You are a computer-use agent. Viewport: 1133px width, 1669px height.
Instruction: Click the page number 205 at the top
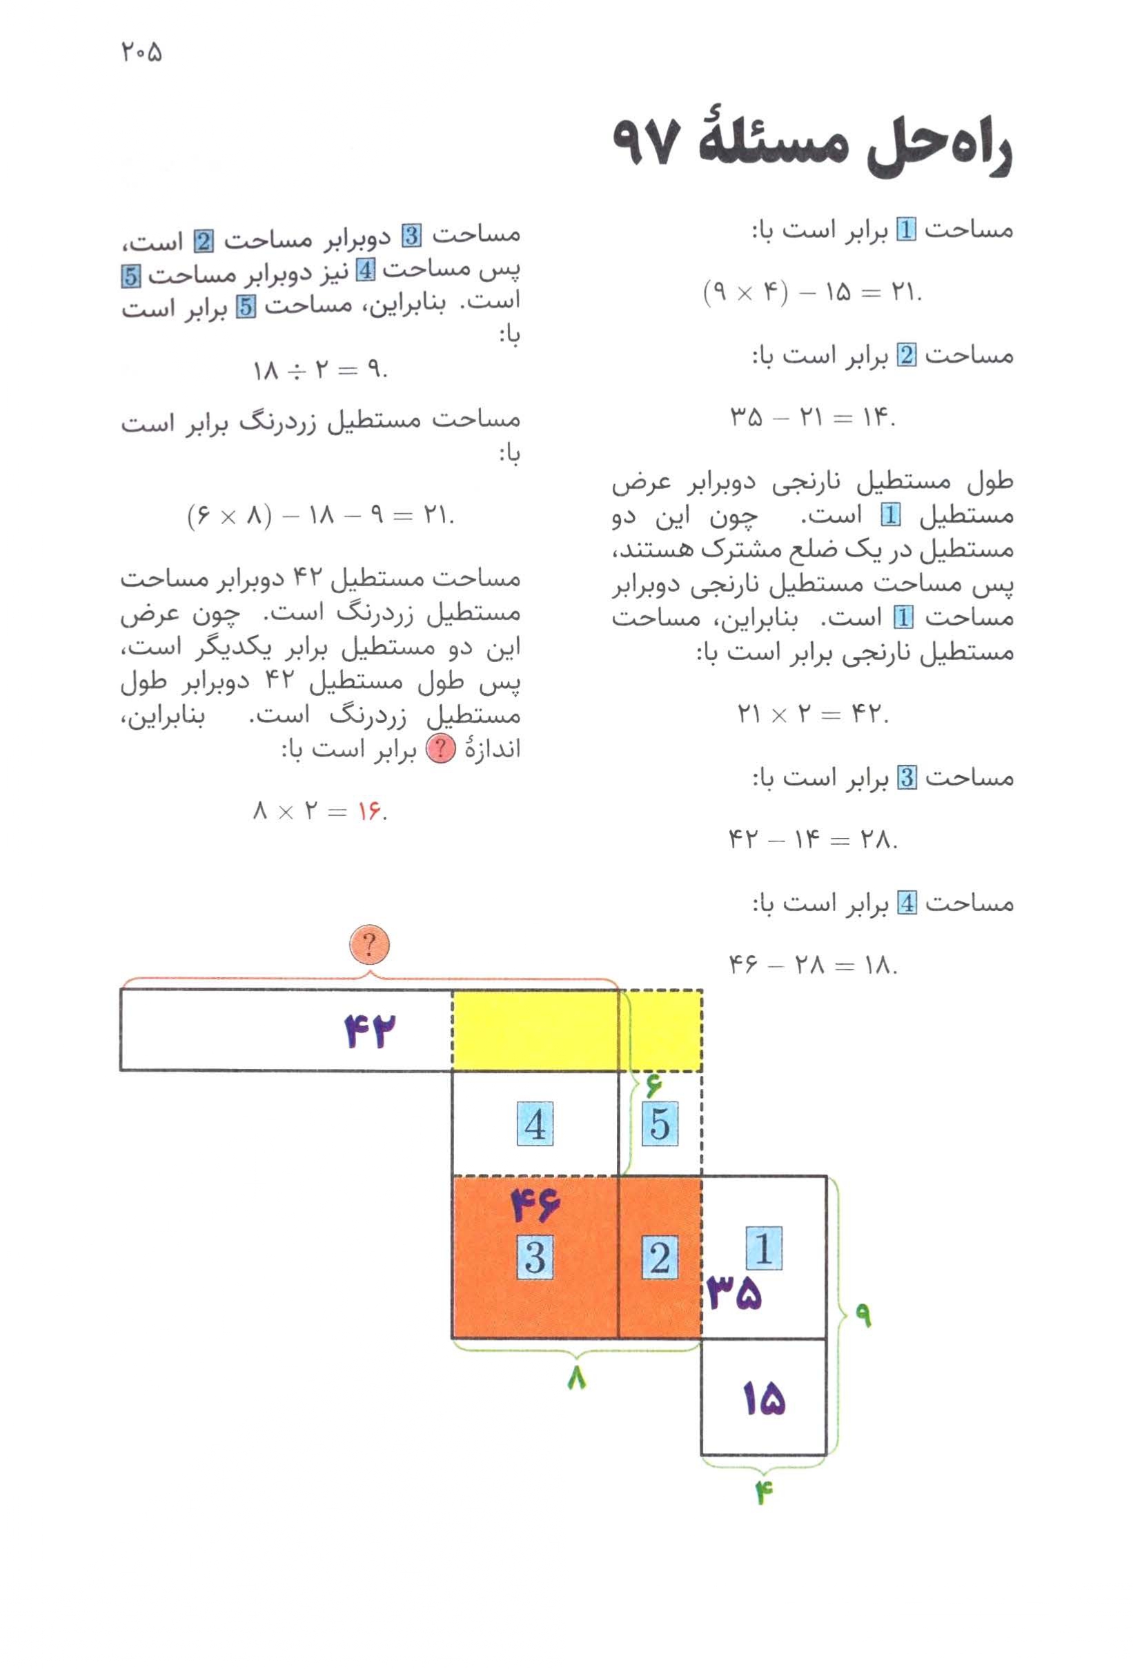(x=141, y=52)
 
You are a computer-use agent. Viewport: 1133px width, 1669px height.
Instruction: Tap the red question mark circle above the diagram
(x=368, y=946)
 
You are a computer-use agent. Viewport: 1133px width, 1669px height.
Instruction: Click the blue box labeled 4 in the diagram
(x=535, y=1125)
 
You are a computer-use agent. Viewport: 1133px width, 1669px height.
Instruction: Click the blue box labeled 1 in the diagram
(x=764, y=1248)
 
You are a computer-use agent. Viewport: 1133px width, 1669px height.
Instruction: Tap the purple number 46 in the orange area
(x=535, y=1206)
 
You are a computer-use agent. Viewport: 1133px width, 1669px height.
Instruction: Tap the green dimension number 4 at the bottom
(x=763, y=1493)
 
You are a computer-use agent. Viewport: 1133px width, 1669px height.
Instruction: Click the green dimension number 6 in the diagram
(x=652, y=1086)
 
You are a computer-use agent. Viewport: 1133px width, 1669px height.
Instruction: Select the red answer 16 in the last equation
(x=368, y=812)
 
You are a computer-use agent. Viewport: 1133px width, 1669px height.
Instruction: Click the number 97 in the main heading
(x=644, y=143)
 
